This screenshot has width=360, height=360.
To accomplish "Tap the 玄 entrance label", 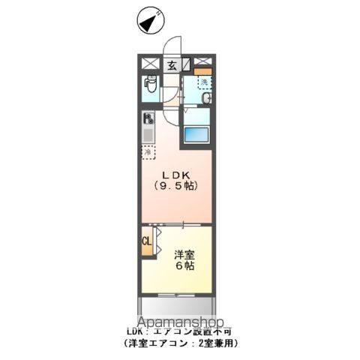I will click(172, 65).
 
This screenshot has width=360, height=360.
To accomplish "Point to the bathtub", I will click(196, 136).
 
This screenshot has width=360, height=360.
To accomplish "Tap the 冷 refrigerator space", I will click(148, 151).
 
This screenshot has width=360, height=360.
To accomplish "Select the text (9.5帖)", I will click(176, 186).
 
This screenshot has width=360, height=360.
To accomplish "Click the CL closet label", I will click(147, 241).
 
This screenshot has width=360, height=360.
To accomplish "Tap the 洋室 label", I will click(184, 253).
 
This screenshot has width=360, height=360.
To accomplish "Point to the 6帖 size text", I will click(183, 265).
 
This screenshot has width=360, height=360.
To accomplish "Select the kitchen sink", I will click(148, 135).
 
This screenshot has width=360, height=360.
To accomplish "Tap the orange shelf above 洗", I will click(203, 71).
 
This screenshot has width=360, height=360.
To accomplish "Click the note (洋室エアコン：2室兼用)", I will click(181, 343).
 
